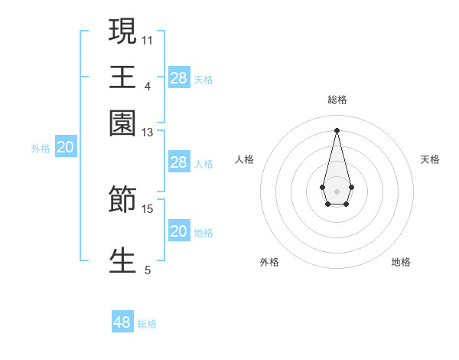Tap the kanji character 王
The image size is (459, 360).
point(122,77)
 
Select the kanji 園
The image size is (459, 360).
point(122,123)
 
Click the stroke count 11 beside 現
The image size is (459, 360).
point(148,39)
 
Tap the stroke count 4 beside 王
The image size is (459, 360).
point(148,86)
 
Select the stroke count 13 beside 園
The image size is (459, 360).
point(148,133)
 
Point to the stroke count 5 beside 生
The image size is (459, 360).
point(148,270)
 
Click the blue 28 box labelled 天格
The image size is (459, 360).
point(179,78)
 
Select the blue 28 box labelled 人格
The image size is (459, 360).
point(179,162)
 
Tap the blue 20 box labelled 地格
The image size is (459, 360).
point(179,231)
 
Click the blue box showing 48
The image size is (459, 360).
point(122,322)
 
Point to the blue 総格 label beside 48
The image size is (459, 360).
point(147,324)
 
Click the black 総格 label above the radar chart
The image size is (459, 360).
point(337,100)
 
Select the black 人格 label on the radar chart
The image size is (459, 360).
point(245,159)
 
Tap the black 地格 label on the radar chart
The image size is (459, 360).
point(401,263)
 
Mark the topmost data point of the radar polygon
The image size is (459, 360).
point(337,129)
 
